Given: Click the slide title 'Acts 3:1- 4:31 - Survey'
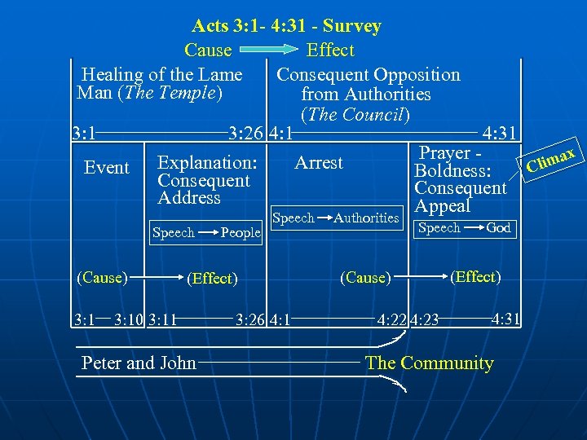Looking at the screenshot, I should click(286, 26).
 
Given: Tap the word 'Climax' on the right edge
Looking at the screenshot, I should click(553, 161).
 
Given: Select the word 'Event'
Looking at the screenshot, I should click(107, 168).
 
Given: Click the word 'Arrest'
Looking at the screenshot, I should click(319, 163).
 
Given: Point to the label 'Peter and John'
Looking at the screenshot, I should click(139, 363).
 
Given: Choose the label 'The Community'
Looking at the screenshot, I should click(430, 363).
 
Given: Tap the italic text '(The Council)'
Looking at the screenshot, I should click(355, 115).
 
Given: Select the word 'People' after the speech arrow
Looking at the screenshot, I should click(241, 233).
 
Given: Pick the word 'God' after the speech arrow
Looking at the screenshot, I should click(498, 228).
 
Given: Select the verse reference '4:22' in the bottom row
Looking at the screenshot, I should click(392, 319).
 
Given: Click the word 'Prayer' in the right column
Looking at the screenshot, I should click(444, 153).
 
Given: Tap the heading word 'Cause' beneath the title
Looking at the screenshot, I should click(208, 51).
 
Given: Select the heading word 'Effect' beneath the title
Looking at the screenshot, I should click(330, 51).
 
